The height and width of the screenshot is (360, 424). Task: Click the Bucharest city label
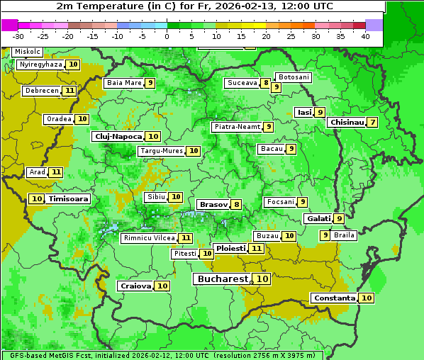223,279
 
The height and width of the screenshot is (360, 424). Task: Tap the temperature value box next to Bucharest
262,279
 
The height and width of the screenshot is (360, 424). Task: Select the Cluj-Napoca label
118,136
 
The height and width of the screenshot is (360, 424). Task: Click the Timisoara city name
68,199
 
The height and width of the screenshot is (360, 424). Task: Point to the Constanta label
334,298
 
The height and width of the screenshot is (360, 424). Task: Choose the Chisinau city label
347,122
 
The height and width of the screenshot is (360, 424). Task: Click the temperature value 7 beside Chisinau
373,122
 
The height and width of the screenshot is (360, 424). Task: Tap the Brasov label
213,204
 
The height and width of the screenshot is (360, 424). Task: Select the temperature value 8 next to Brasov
236,204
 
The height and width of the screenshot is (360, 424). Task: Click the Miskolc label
27,52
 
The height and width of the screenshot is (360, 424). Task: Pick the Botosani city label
294,77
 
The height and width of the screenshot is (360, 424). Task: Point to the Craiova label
135,286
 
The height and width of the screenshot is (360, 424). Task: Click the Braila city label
344,235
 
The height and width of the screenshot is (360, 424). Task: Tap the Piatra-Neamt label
237,127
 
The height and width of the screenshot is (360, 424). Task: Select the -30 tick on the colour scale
18,36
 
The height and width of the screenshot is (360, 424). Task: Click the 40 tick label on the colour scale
364,36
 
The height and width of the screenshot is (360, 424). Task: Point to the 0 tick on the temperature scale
167,36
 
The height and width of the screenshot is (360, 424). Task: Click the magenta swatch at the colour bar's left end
10,25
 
